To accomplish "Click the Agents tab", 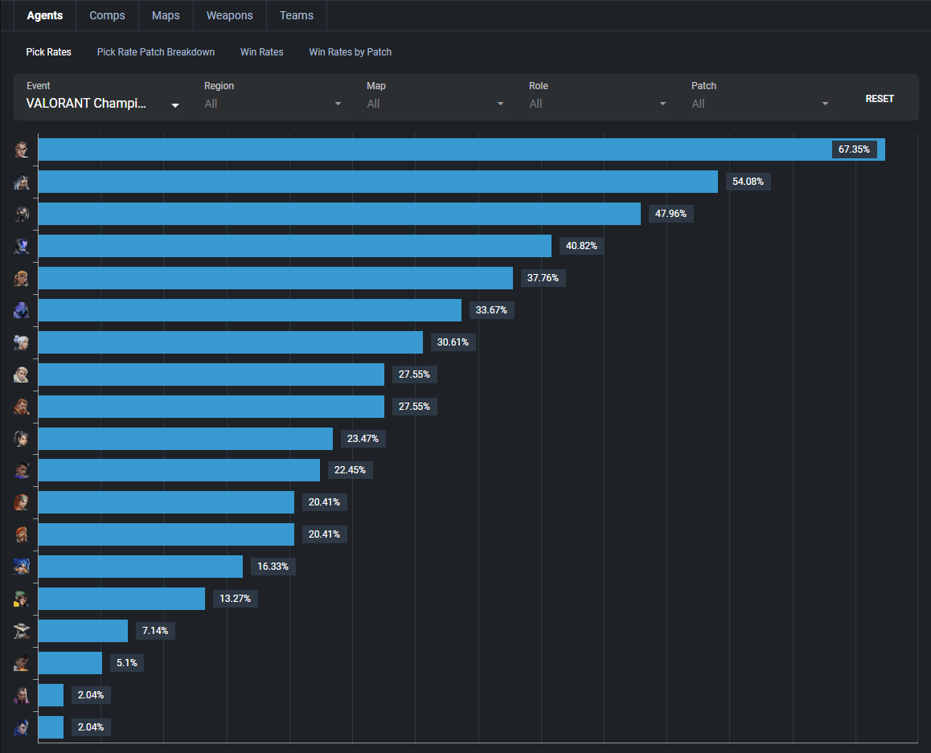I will pyautogui.click(x=45, y=15).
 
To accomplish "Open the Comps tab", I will pyautogui.click(x=107, y=15).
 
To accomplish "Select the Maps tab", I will pyautogui.click(x=166, y=15).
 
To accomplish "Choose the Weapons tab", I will pyautogui.click(x=229, y=15).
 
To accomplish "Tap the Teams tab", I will pyautogui.click(x=297, y=15).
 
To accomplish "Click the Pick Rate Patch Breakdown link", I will pyautogui.click(x=156, y=52).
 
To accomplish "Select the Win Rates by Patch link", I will pyautogui.click(x=351, y=52).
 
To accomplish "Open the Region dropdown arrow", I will pyautogui.click(x=338, y=104).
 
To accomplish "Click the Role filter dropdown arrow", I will pyautogui.click(x=662, y=104).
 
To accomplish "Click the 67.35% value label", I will pyautogui.click(x=854, y=149).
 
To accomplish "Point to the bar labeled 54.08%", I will pyautogui.click(x=378, y=182).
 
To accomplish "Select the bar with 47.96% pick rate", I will pyautogui.click(x=339, y=214).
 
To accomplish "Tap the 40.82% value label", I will pyautogui.click(x=581, y=246).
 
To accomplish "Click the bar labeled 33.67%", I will pyautogui.click(x=249, y=310).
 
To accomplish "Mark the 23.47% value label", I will pyautogui.click(x=363, y=439).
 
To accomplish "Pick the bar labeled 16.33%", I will pyautogui.click(x=140, y=567).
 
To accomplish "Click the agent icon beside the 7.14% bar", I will pyautogui.click(x=22, y=631).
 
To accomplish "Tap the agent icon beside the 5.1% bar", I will pyautogui.click(x=22, y=663).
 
